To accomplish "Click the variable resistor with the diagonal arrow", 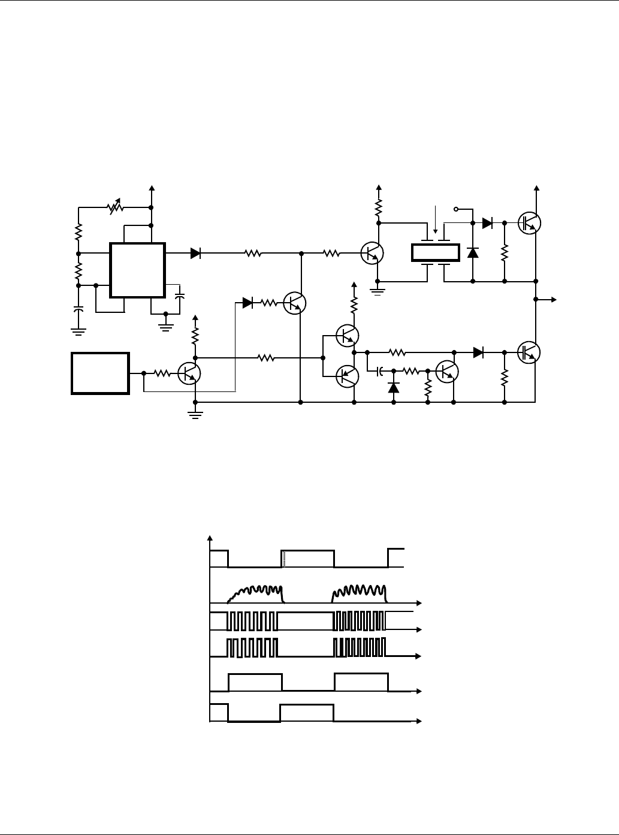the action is pos(114,208).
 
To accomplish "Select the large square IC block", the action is pos(137,270).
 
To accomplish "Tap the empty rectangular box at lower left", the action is pos(100,373).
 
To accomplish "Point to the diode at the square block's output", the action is pos(195,254).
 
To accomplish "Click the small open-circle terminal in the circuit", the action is pos(457,209).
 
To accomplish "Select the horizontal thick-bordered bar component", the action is pos(435,253).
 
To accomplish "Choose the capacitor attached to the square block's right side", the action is pos(180,297).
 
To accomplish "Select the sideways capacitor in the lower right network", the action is pos(380,372).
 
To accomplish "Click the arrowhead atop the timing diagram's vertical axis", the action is pos(209,536).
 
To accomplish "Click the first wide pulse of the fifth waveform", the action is pos(255,682).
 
